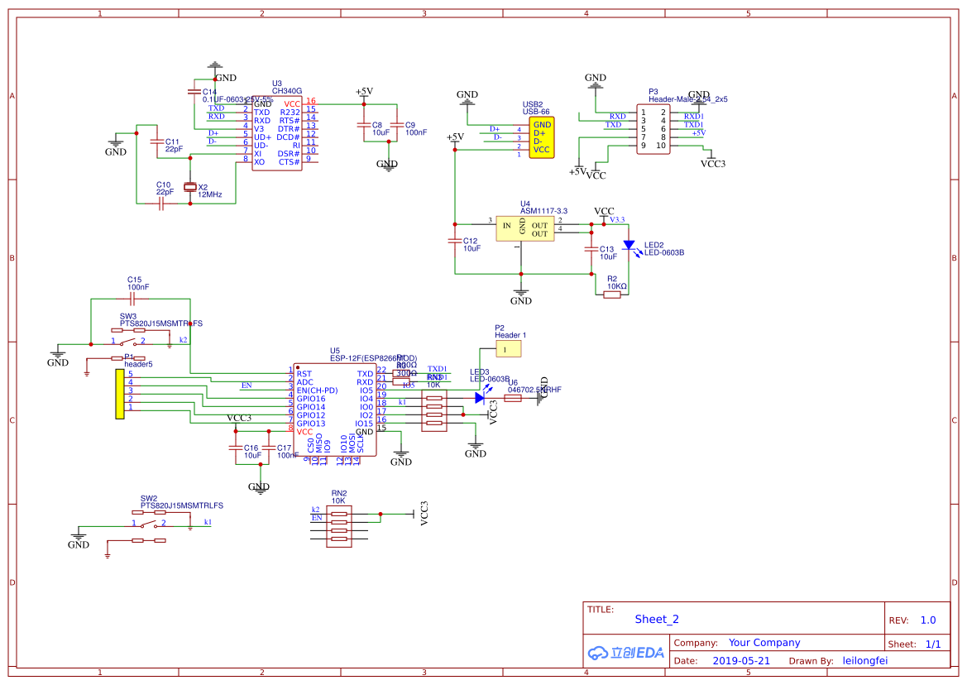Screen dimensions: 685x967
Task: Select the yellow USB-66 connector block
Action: (541, 137)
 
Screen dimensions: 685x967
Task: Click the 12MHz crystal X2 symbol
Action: (190, 187)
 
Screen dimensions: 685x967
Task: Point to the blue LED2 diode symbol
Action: (629, 246)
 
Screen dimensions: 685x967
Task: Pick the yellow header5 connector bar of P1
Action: (120, 395)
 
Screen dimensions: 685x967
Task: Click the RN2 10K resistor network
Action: (339, 527)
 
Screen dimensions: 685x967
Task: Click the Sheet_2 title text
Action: (657, 619)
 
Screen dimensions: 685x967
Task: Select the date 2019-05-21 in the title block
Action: (741, 661)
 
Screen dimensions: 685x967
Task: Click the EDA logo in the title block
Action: (626, 652)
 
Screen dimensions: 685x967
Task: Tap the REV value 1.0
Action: (927, 620)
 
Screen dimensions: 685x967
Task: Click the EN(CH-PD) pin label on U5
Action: (317, 390)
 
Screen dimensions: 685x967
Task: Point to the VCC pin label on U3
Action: (292, 103)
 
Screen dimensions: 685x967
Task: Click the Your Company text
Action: (764, 643)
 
